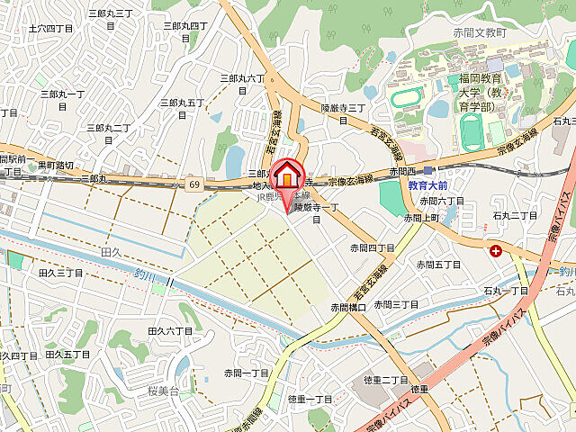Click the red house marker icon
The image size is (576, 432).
pos(288,173)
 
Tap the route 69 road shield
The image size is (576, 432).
pos(194,184)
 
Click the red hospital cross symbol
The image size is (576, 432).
pos(496,251)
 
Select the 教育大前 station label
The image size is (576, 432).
pos(428,184)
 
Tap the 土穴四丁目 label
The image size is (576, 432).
pos(50,29)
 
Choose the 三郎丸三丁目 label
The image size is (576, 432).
pos(111,19)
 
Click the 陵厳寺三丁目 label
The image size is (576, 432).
pos(343,113)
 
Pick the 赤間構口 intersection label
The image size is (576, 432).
pos(347,307)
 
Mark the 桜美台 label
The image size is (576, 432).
pos(165,391)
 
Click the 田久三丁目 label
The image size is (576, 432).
pos(61,272)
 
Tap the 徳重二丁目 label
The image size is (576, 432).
pos(387,380)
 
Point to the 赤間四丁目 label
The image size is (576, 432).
pos(373,247)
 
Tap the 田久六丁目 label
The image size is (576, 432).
pos(169,331)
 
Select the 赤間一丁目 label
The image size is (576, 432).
pos(247,373)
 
